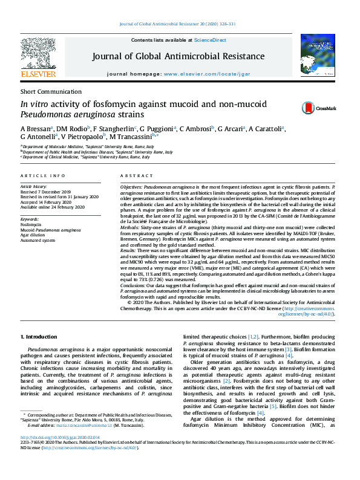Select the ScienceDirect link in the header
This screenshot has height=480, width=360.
(x=210, y=40)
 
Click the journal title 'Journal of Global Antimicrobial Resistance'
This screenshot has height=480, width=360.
(x=178, y=57)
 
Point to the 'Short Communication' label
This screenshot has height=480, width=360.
(x=46, y=91)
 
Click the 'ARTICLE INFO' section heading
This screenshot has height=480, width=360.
(x=43, y=176)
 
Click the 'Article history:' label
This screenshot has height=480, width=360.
(x=34, y=188)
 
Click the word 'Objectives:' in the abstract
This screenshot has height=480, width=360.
(x=131, y=188)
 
